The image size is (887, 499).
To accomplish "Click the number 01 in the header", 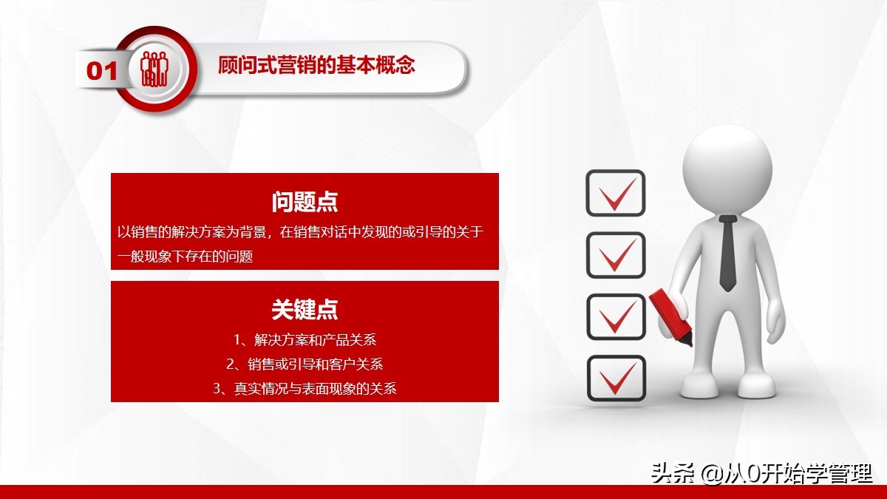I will tap(102, 71).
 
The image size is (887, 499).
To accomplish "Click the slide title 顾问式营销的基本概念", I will tap(316, 65).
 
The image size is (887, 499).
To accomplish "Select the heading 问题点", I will tap(305, 201).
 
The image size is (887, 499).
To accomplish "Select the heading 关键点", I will tap(305, 309).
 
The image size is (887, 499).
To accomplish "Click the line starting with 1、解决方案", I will tap(305, 340).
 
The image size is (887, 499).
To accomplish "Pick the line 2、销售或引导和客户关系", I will tap(305, 364).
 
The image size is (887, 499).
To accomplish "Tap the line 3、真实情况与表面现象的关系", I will tap(305, 387).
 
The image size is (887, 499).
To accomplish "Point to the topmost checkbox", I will tap(615, 193).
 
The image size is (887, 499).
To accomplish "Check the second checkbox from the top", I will tap(615, 254).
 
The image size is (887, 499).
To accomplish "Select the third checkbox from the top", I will tap(615, 316).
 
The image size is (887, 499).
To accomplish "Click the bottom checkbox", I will tap(615, 378).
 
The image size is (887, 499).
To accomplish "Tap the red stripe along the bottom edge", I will tap(443, 492).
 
